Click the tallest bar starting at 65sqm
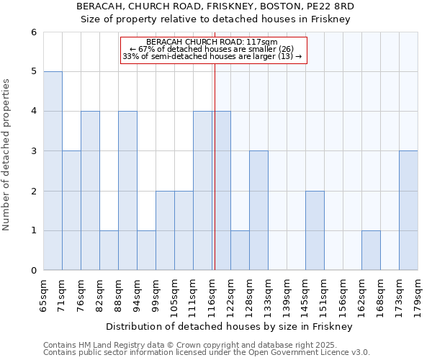pos(53,171)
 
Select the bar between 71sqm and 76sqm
pos(71,210)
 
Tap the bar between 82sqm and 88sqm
pos(109,250)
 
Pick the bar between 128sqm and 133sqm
pos(258,210)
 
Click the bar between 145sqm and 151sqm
pos(315,230)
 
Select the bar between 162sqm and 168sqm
pos(371,250)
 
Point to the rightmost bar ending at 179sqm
pos(408,210)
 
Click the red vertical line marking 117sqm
pos(215,180)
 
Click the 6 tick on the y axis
pos(33,32)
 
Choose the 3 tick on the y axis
pos(33,151)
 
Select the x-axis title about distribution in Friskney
pos(230,326)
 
